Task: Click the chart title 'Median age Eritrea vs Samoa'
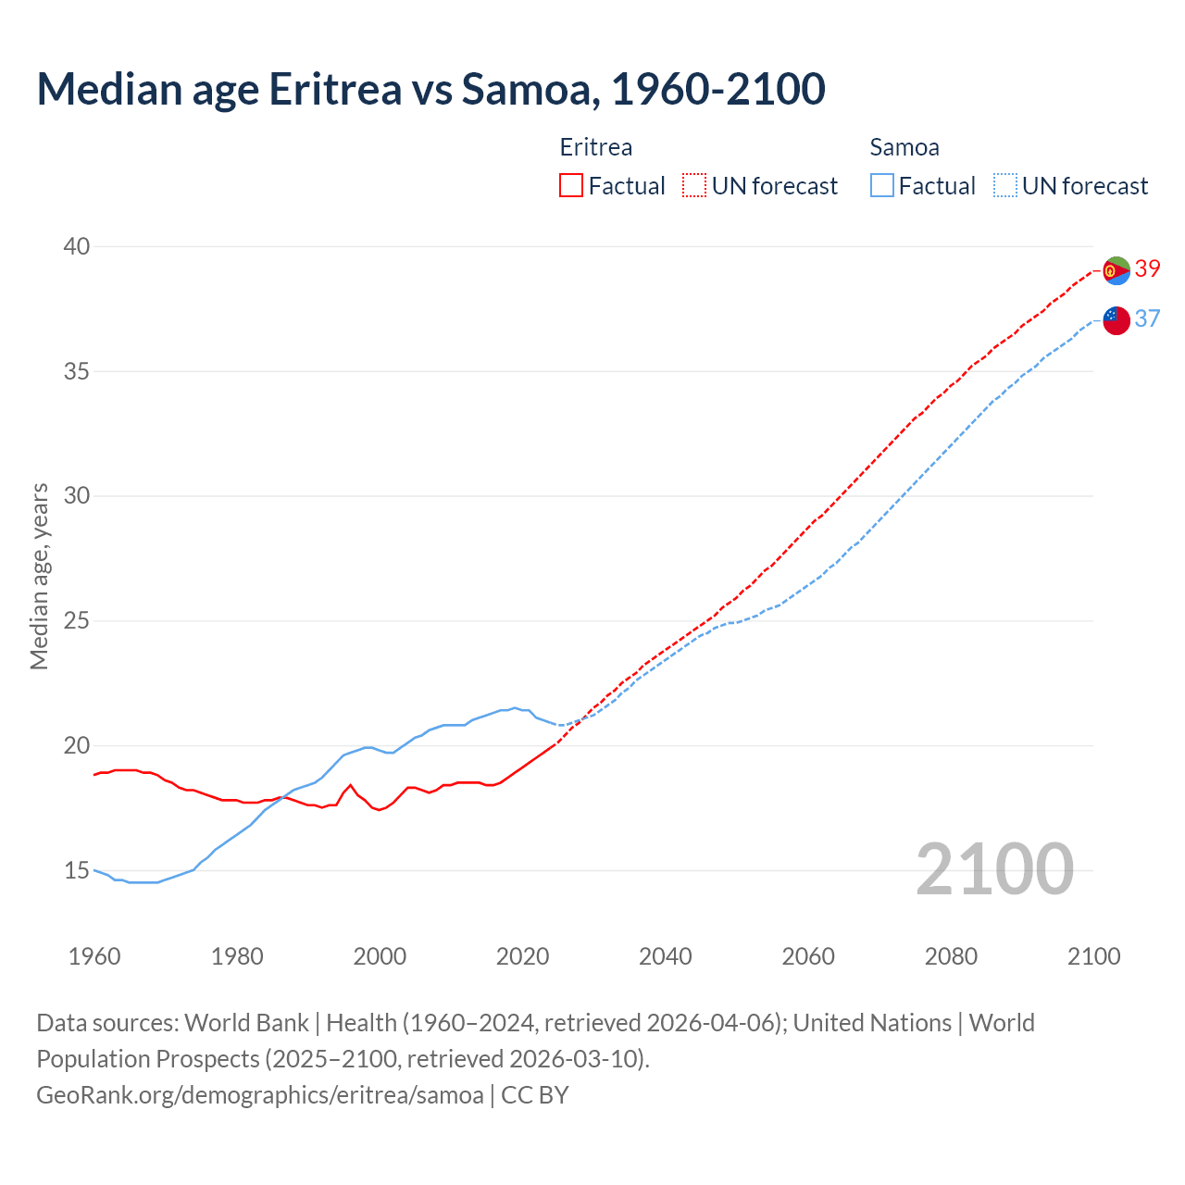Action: tap(430, 89)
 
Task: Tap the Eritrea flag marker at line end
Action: tap(1116, 270)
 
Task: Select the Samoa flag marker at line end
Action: tap(1116, 320)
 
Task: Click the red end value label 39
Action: tap(1148, 268)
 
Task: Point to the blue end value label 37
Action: tap(1148, 318)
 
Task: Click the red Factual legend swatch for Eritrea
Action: tap(571, 186)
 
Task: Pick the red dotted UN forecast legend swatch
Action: tap(694, 186)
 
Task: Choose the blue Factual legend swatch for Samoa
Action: tap(882, 186)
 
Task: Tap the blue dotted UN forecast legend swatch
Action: tap(1005, 186)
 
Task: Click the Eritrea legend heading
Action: tap(596, 147)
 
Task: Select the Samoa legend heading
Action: tap(904, 147)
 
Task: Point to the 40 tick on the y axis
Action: tap(77, 246)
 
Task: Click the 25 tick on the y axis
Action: tap(77, 620)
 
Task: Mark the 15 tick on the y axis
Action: tap(77, 870)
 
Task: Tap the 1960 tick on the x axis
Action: tap(94, 956)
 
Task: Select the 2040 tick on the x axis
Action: tap(666, 956)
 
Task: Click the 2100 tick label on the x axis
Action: tap(1093, 956)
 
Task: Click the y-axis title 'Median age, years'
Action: tap(39, 576)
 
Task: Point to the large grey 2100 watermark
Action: tap(994, 870)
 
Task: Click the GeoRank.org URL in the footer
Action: tap(260, 1095)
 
